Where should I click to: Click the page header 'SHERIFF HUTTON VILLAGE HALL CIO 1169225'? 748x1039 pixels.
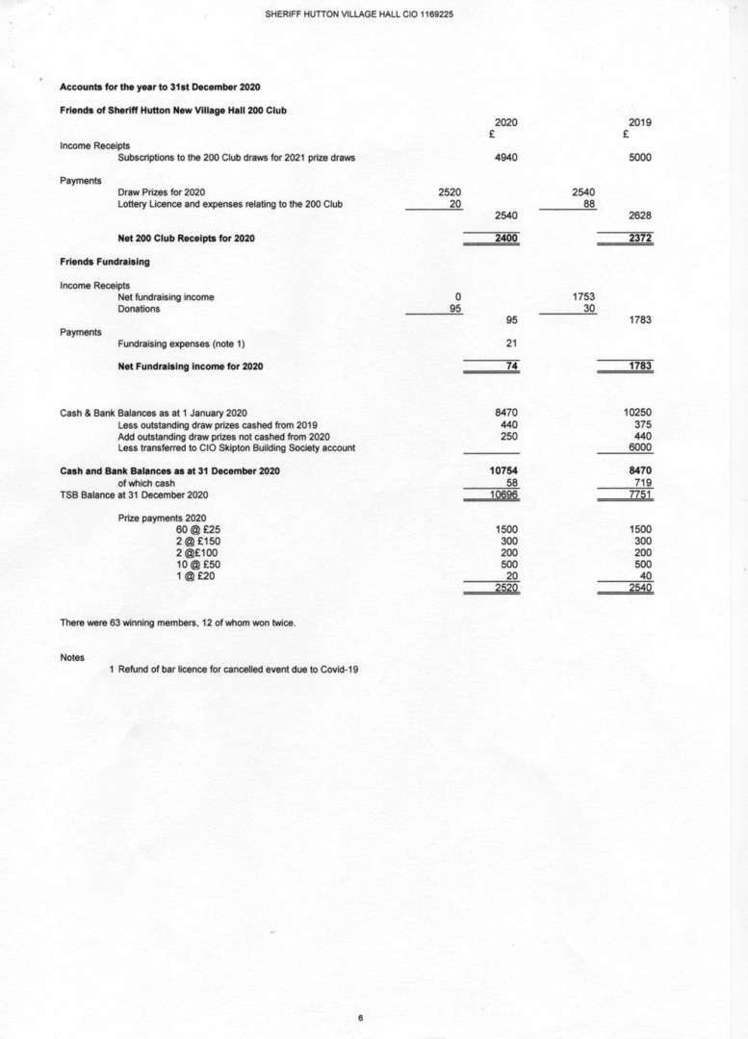coord(359,13)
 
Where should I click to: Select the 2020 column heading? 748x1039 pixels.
coord(505,123)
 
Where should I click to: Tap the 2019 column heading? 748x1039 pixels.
coord(639,123)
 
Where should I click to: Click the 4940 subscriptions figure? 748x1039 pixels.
coord(505,158)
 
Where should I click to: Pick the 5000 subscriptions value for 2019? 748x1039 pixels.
coord(639,158)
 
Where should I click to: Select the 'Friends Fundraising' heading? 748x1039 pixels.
coord(104,262)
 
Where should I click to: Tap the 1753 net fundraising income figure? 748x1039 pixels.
coord(583,297)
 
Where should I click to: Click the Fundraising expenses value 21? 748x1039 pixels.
coord(511,343)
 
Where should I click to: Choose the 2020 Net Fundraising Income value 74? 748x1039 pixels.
coord(511,367)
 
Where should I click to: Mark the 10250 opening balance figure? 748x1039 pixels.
coord(637,413)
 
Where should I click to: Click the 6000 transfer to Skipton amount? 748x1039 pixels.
coord(639,447)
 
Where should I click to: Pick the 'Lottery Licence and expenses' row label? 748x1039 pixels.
coord(229,204)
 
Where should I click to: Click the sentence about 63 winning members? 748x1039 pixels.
coord(177,622)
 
